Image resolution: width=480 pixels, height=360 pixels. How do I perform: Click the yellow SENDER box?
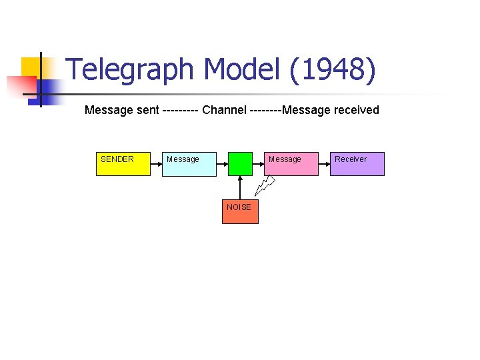point(123,163)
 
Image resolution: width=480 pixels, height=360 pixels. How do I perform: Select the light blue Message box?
point(189,163)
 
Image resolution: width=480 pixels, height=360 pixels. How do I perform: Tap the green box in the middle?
point(240,163)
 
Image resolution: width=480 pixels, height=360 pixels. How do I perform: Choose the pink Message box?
point(293,163)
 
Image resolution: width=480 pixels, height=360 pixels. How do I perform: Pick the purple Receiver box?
point(357,163)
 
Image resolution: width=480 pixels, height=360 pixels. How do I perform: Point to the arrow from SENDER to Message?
point(157,163)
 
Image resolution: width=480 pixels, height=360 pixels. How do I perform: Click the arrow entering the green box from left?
point(223,163)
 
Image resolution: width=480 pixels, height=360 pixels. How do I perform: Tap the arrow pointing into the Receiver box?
point(324,163)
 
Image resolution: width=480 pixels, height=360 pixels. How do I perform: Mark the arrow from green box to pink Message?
point(260,163)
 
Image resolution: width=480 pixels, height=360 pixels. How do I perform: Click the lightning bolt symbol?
point(267,185)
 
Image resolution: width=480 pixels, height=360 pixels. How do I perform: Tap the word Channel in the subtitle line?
point(223,110)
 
